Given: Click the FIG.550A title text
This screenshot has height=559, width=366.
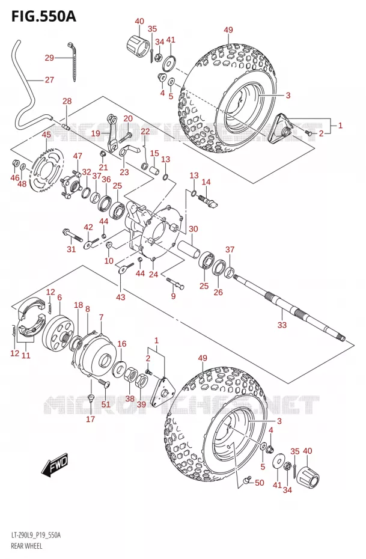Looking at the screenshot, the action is click(43, 16).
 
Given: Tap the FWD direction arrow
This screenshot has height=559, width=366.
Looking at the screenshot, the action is click(54, 465).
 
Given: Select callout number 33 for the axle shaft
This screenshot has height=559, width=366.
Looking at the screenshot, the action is click(282, 325).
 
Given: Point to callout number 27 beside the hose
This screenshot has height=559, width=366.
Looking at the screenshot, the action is click(49, 79).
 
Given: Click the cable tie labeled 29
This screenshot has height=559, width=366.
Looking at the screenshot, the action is click(73, 61).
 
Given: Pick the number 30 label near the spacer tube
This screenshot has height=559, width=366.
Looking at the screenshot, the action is click(193, 228).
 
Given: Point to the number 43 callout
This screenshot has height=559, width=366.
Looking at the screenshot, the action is click(120, 296).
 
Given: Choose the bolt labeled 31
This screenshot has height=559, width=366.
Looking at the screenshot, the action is click(74, 234).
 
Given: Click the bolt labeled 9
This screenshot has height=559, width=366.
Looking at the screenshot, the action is click(175, 283).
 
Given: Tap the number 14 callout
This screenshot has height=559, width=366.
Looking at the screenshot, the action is click(206, 182).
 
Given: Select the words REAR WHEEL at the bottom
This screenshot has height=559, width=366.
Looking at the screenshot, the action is click(26, 546).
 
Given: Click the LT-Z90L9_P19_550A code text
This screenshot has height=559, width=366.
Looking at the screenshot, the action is click(36, 536).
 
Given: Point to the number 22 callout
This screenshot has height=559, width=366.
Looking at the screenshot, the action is click(145, 131).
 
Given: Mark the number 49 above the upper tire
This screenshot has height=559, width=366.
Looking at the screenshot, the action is click(228, 30).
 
